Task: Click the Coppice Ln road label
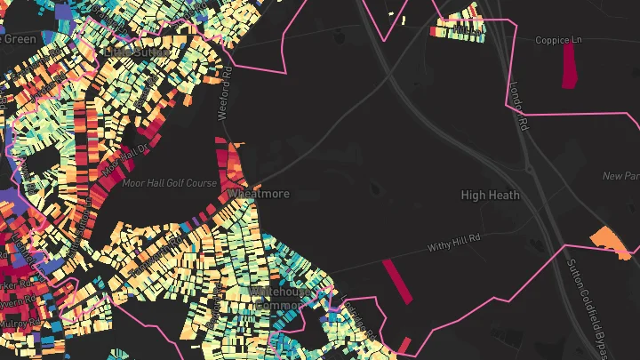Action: [x=557, y=40]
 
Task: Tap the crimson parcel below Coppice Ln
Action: [x=569, y=66]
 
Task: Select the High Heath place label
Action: [x=490, y=194]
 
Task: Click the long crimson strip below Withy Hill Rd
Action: [x=397, y=282]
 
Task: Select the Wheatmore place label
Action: [x=259, y=193]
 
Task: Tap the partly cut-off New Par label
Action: [x=620, y=176]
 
